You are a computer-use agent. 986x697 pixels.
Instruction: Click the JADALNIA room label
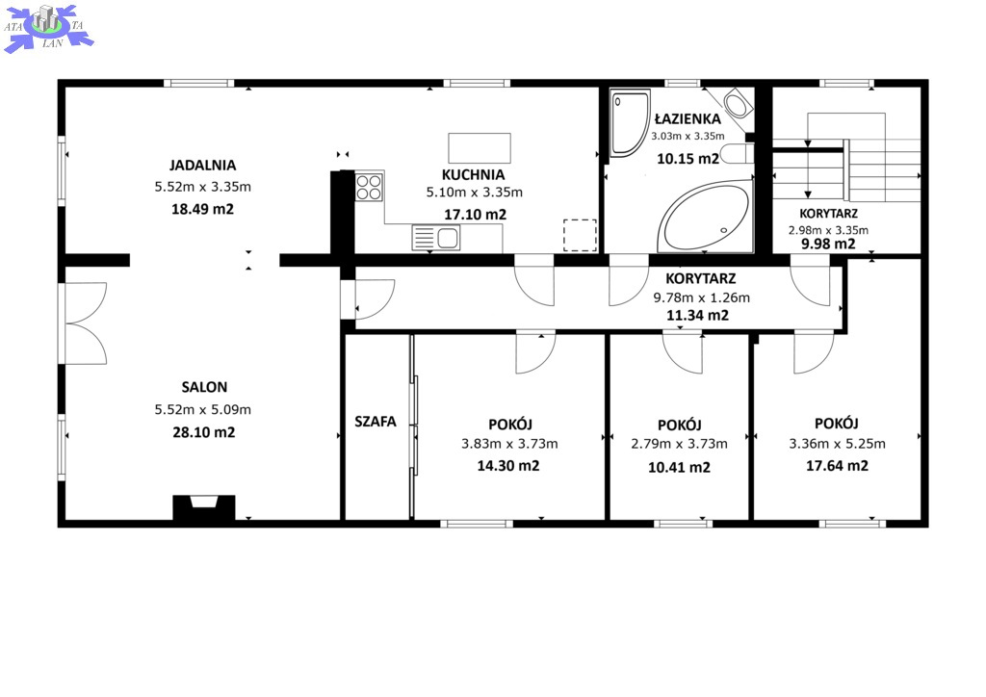point(202,166)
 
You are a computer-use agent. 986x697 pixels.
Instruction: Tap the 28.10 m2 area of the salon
point(204,432)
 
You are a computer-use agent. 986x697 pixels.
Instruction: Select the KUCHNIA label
point(473,174)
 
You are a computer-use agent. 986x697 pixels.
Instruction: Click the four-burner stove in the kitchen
point(369,187)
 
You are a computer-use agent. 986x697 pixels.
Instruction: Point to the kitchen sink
point(436,238)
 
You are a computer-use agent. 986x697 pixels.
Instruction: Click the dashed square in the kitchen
point(580,235)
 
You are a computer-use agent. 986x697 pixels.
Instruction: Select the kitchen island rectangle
point(480,147)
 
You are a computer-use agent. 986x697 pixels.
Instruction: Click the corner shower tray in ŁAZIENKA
point(630,122)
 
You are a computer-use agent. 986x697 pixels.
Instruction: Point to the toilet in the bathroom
point(737,153)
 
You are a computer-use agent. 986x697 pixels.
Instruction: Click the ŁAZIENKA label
point(688,118)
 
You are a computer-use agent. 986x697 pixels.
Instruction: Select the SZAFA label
point(376,421)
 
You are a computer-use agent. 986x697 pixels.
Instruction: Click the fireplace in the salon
point(204,507)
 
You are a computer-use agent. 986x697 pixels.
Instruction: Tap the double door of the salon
point(86,323)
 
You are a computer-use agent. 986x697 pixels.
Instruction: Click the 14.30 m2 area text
point(508,466)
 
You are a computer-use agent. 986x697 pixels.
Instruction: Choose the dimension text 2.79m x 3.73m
point(679,444)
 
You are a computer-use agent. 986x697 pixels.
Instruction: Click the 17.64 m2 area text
point(837,466)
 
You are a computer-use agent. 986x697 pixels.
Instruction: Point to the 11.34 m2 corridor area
point(697,316)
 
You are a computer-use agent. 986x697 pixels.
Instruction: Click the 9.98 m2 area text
point(828,244)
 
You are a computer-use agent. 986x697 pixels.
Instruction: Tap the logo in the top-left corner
point(48,28)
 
